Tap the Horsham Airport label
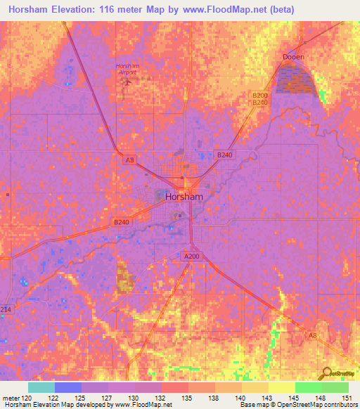(x=127, y=69)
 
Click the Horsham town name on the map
(x=184, y=197)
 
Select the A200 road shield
(x=192, y=257)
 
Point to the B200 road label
(x=260, y=96)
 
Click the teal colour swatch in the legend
(x=41, y=387)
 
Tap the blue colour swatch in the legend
(x=68, y=387)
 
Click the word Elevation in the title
(x=76, y=10)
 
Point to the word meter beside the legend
(x=10, y=397)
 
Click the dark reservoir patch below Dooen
(x=296, y=78)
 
